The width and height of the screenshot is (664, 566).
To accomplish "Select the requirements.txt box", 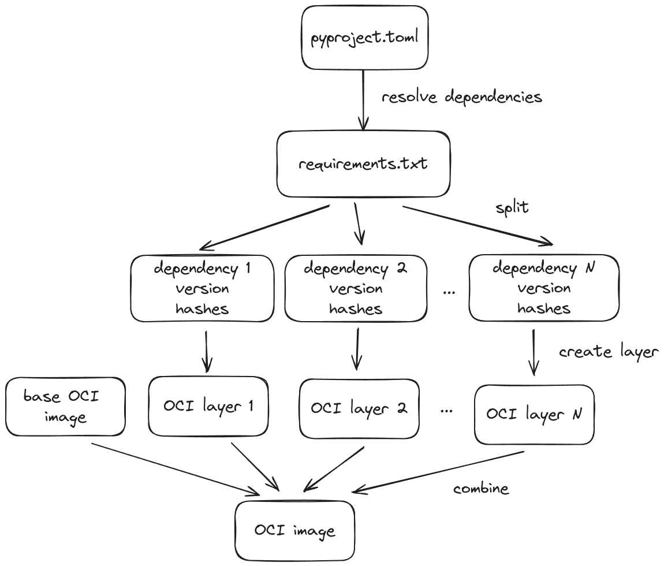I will (x=363, y=164).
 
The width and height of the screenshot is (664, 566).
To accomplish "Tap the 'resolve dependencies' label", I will (x=461, y=97).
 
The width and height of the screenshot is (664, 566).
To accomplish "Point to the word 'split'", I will (x=512, y=208).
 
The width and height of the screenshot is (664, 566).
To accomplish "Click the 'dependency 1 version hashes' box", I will (x=202, y=288).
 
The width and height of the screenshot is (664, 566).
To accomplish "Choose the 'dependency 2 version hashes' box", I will (x=356, y=288).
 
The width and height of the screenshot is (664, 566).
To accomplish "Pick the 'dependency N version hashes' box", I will (x=543, y=288).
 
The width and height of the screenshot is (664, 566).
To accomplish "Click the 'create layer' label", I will (x=609, y=352).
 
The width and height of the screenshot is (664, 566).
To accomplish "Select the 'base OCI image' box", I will (x=65, y=406).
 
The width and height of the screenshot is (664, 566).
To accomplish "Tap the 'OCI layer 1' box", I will (x=208, y=406).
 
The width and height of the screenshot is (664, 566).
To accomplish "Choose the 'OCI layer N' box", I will (x=534, y=414).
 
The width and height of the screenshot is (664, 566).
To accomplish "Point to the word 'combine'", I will (x=481, y=489).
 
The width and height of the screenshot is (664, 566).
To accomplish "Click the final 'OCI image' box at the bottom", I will (x=294, y=531).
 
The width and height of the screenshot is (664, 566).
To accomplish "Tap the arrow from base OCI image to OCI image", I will (x=173, y=468).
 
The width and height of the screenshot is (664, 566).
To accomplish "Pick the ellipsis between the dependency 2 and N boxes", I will (x=449, y=292).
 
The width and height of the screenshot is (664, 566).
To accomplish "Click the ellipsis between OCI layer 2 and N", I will (x=446, y=410).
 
